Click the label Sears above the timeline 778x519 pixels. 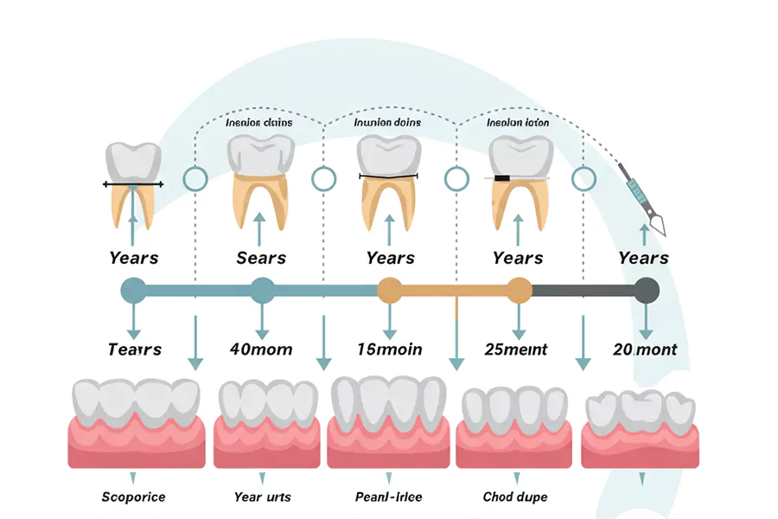[x=261, y=258]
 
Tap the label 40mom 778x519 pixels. [x=261, y=349]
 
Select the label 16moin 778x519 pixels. [x=390, y=349]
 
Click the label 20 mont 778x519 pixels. [x=645, y=349]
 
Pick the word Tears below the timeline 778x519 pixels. [x=134, y=349]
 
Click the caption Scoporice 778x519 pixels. [x=133, y=497]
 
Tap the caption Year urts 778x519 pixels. [x=263, y=497]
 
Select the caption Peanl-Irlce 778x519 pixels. [x=388, y=497]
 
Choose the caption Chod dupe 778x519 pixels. [x=515, y=497]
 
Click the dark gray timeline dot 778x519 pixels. [x=646, y=290]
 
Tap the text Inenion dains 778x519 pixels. [x=259, y=123]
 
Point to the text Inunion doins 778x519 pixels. [x=388, y=123]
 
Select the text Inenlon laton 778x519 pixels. [x=518, y=123]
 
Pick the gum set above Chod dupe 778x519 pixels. [x=517, y=427]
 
